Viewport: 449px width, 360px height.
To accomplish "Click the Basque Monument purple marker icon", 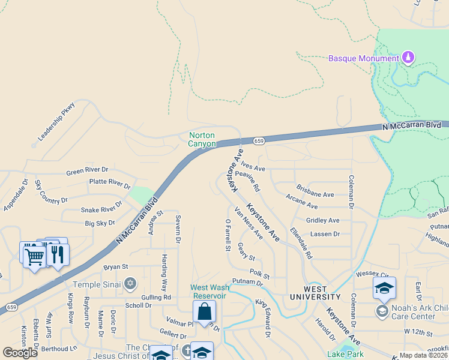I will [408, 58].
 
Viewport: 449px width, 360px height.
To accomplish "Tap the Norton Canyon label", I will [202, 139].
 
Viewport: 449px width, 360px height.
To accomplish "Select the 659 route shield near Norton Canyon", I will [259, 141].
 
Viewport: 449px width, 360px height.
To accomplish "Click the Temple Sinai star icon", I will [130, 284].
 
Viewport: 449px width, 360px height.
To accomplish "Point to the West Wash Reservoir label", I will [209, 292].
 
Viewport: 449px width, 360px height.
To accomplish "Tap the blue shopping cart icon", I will [34, 256].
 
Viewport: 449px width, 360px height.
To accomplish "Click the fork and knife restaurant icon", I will [57, 254].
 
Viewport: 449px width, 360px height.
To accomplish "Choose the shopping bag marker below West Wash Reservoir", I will [204, 312].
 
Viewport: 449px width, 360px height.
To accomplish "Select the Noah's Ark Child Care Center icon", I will [382, 311].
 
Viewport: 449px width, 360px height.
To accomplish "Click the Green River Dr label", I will [87, 171].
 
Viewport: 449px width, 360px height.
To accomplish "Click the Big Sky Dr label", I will [100, 223].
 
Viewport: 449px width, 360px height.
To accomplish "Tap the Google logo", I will [20, 352].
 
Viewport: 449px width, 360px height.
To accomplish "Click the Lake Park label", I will [341, 355].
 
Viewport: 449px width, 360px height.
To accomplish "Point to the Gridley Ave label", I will [323, 221].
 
